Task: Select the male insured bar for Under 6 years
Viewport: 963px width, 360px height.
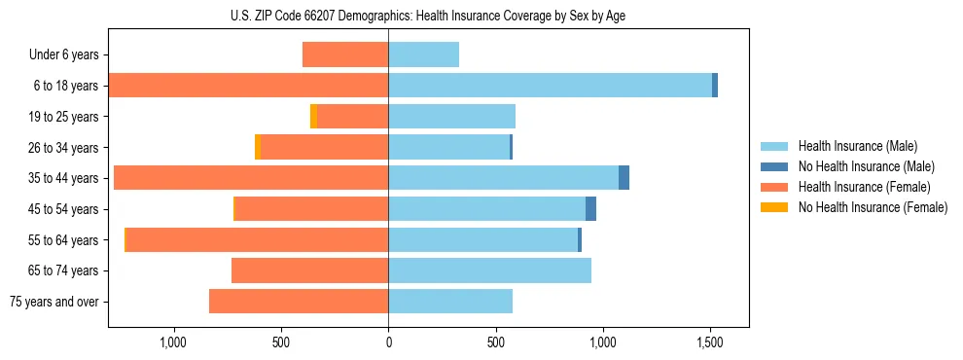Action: click(x=423, y=54)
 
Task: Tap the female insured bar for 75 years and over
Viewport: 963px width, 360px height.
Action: click(x=299, y=302)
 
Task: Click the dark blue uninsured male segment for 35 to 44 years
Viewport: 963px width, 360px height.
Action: click(x=624, y=178)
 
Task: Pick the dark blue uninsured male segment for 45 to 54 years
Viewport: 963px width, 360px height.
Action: click(x=590, y=209)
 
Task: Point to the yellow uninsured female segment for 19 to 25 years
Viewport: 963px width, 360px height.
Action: click(x=313, y=117)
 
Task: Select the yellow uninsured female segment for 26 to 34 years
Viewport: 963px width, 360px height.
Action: click(x=258, y=147)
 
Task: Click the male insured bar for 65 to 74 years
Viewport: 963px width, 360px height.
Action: click(x=489, y=270)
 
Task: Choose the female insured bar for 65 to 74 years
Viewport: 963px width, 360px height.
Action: click(x=309, y=270)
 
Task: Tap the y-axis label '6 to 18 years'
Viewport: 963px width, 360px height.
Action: click(x=65, y=86)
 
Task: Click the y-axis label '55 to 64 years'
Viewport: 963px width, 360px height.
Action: click(x=63, y=240)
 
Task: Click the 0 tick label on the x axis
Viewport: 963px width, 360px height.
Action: click(x=388, y=342)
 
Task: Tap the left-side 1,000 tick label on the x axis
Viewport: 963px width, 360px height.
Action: click(x=172, y=342)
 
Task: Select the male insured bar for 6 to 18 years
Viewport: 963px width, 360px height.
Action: click(x=550, y=86)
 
